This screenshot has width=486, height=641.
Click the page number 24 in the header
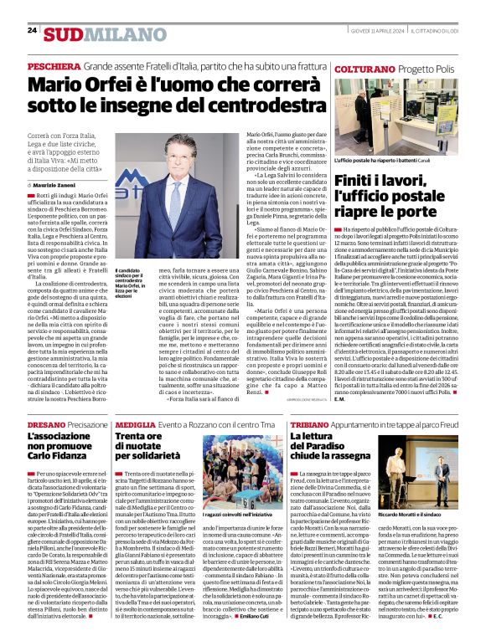32,30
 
